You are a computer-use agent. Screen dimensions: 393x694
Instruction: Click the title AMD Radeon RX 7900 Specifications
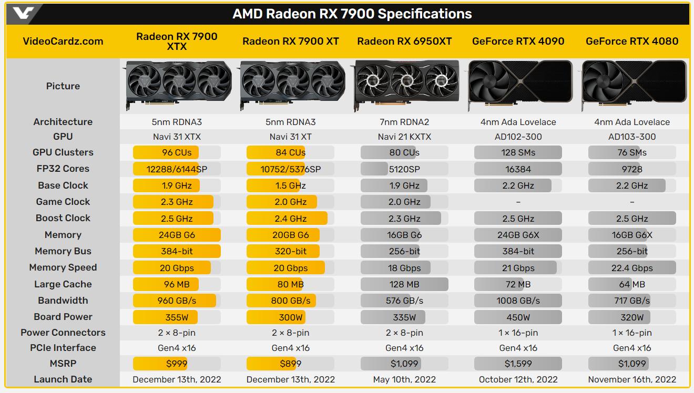click(352, 14)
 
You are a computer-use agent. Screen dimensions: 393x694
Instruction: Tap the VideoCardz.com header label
click(63, 41)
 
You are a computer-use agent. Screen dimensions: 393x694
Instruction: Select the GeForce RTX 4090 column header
click(518, 41)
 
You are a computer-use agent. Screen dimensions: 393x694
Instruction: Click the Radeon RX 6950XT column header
click(404, 41)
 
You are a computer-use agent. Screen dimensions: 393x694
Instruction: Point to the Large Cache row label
click(63, 284)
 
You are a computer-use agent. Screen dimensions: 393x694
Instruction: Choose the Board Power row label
click(63, 317)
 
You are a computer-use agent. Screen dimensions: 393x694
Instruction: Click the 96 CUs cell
click(177, 152)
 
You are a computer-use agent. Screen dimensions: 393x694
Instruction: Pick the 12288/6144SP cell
click(177, 169)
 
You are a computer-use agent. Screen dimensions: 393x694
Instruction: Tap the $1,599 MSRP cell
click(518, 364)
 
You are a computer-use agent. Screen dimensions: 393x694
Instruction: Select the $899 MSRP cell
click(290, 364)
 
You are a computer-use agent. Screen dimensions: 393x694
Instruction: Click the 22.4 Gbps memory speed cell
click(632, 268)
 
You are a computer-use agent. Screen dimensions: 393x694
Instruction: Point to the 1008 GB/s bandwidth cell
click(518, 301)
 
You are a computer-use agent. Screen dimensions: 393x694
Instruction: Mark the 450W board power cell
click(518, 317)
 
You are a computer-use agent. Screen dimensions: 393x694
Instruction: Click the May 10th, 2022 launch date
click(404, 379)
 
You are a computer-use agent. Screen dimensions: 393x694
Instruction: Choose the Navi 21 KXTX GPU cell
click(404, 137)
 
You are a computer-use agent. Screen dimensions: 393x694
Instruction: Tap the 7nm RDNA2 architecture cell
click(404, 122)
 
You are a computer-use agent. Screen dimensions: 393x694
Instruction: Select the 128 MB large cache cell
click(404, 284)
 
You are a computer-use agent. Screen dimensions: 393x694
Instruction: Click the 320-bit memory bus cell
click(290, 251)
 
